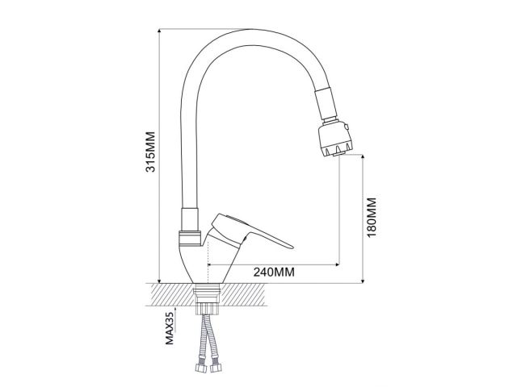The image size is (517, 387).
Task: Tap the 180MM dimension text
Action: pyautogui.click(x=372, y=218)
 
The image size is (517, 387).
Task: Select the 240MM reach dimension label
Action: pyautogui.click(x=273, y=272)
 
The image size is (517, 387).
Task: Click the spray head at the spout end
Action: pyautogui.click(x=334, y=138)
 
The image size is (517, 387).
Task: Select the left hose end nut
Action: pyautogui.click(x=200, y=372)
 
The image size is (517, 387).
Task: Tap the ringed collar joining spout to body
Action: pyautogui.click(x=191, y=239)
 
